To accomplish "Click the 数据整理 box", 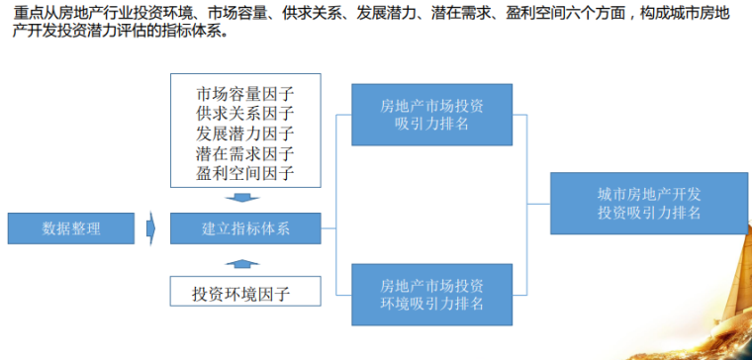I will click(x=71, y=229).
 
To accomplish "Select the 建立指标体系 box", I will click(x=245, y=229).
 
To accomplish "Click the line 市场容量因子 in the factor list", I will click(x=245, y=95).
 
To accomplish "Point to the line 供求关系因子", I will click(x=245, y=115).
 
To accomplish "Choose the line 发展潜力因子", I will click(x=245, y=135).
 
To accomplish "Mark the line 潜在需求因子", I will click(x=245, y=154).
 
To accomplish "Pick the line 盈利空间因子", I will click(x=245, y=174).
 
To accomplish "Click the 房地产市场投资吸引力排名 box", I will click(x=431, y=114).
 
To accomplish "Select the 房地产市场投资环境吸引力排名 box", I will click(x=431, y=295).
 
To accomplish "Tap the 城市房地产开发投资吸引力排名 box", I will click(x=648, y=203).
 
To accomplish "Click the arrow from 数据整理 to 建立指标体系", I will click(x=150, y=229).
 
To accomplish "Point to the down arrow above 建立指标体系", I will click(x=245, y=198).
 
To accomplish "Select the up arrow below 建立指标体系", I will click(x=245, y=262).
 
